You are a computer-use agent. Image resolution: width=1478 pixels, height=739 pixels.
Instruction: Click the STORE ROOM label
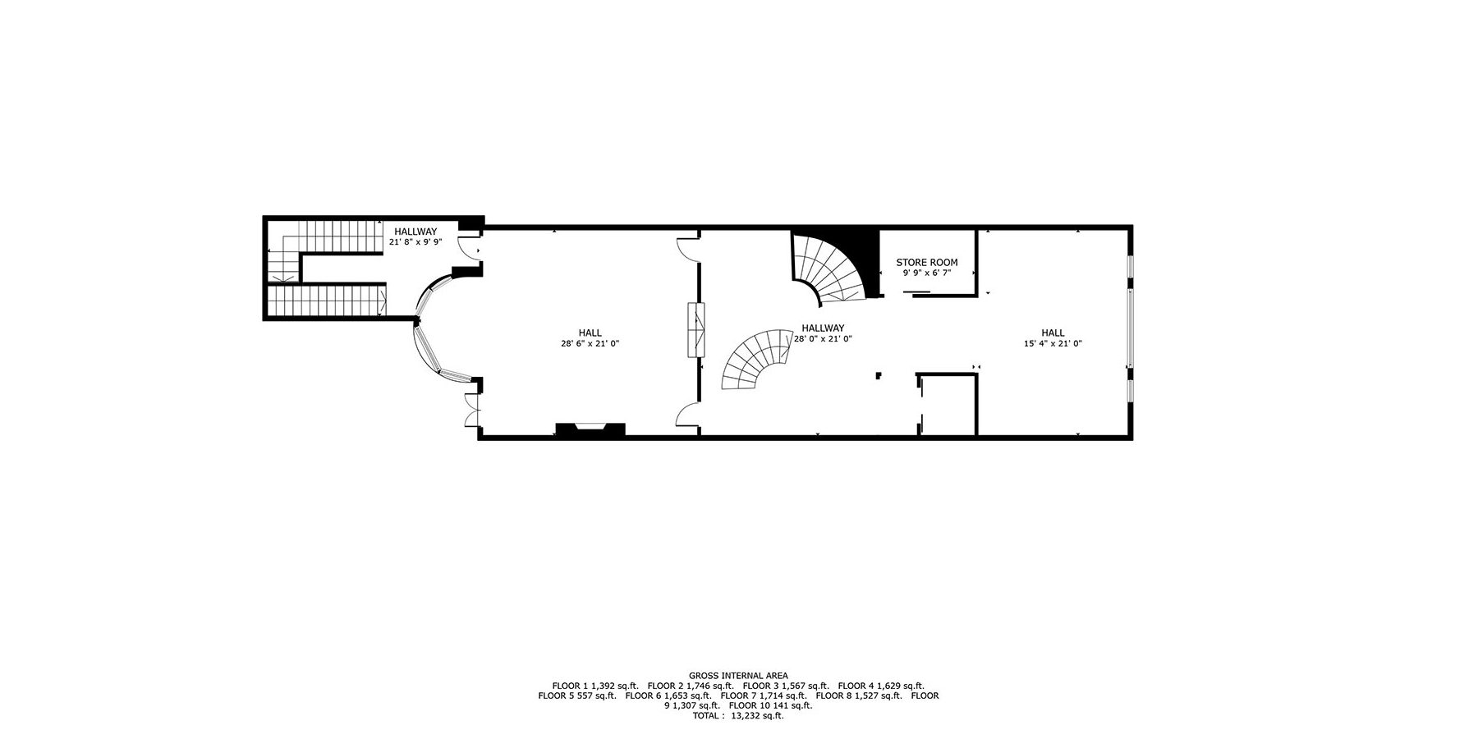click(926, 263)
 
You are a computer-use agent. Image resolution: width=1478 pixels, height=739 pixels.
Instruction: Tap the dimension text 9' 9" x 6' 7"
click(926, 273)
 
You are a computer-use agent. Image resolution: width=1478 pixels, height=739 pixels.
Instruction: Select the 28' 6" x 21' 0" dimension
click(590, 343)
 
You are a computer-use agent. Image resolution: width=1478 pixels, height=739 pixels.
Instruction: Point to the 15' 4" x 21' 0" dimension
click(1053, 343)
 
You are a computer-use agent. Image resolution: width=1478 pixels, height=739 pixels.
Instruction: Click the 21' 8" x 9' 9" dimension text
click(415, 242)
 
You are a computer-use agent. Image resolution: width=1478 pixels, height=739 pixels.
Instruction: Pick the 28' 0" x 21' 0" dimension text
click(824, 338)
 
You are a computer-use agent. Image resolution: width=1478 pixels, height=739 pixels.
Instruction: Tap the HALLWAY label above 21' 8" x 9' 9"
click(415, 232)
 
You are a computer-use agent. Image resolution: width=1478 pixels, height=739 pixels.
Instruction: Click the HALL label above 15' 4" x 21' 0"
click(1053, 333)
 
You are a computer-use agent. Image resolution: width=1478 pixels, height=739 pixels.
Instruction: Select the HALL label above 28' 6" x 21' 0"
click(590, 333)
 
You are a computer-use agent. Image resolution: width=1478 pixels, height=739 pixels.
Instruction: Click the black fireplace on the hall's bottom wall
click(590, 429)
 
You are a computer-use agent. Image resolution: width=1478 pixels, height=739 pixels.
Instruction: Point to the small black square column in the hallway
click(879, 375)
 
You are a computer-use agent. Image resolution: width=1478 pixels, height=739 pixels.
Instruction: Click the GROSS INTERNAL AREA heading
click(738, 676)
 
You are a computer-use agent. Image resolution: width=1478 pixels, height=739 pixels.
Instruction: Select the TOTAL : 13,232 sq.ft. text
click(738, 715)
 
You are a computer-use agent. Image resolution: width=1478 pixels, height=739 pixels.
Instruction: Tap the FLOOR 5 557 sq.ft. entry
click(577, 695)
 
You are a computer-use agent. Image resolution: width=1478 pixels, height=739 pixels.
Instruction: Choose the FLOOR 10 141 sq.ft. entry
click(770, 705)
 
